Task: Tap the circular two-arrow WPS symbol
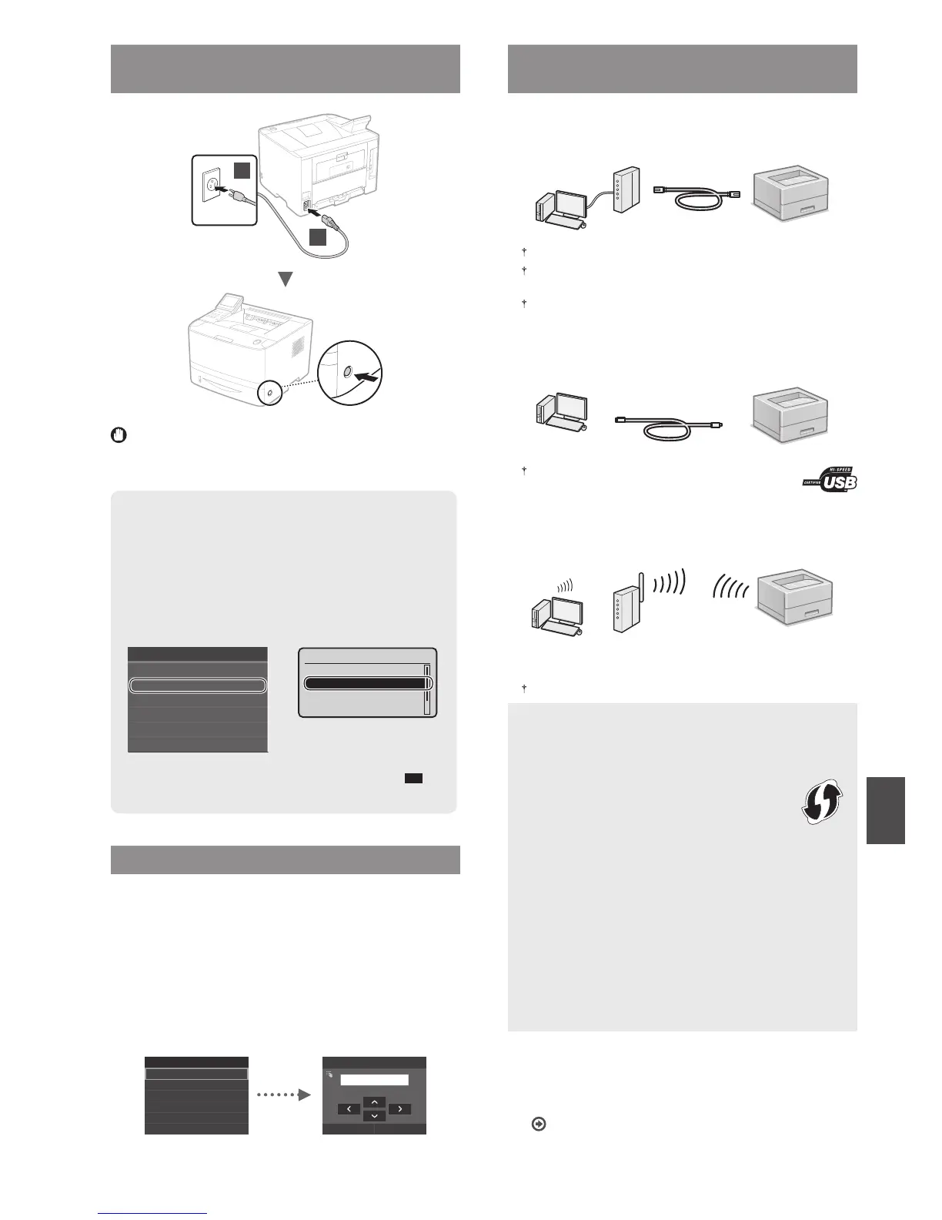click(x=821, y=802)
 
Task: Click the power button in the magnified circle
click(x=346, y=373)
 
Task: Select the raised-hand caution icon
click(x=119, y=436)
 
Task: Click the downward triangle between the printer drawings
click(x=286, y=280)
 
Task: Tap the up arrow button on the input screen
click(x=373, y=1102)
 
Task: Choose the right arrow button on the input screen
click(x=399, y=1109)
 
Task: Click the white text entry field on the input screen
click(x=374, y=1080)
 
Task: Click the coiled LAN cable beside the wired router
click(x=697, y=197)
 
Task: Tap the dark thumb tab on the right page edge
click(x=885, y=810)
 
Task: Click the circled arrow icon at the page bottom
click(x=539, y=1124)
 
